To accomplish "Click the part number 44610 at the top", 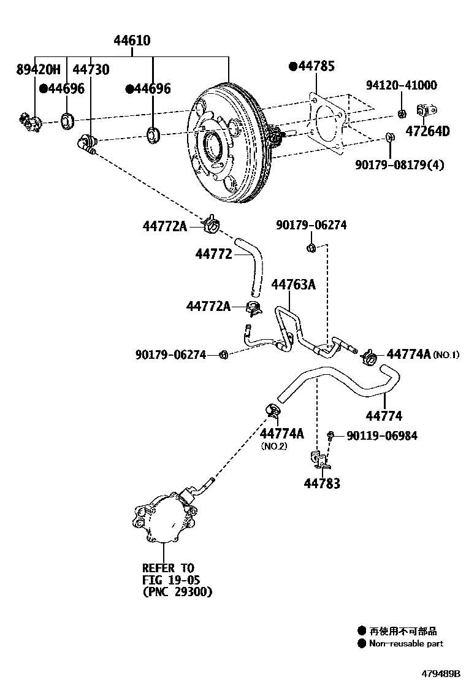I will (x=132, y=41).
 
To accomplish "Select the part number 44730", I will (x=91, y=69).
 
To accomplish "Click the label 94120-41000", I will (x=402, y=85).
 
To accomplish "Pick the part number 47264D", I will (x=427, y=131).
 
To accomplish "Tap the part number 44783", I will (x=322, y=483).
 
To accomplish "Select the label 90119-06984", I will (x=382, y=435).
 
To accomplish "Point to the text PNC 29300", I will (x=177, y=592).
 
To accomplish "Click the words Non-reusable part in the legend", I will (x=406, y=643).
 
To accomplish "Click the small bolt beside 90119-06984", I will (x=330, y=435).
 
